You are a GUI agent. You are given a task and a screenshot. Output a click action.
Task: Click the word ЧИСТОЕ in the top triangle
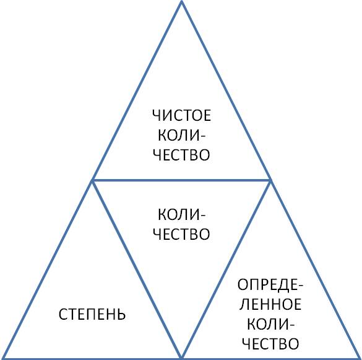pyautogui.click(x=182, y=115)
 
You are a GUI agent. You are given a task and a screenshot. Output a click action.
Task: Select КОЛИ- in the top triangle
pyautogui.click(x=182, y=135)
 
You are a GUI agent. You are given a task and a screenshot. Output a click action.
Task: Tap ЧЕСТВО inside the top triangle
pyautogui.click(x=182, y=154)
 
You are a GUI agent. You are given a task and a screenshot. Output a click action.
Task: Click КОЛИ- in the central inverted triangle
pyautogui.click(x=182, y=214)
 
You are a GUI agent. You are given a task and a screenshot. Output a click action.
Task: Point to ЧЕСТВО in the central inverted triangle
pyautogui.click(x=182, y=234)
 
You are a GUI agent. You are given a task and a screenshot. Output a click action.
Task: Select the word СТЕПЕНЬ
pyautogui.click(x=92, y=314)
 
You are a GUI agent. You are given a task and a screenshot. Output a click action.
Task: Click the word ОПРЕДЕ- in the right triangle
pyautogui.click(x=270, y=284)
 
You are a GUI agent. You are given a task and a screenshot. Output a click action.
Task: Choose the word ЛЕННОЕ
pyautogui.click(x=270, y=304)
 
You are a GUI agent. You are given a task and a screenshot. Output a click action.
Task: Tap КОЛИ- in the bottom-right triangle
pyautogui.click(x=270, y=324)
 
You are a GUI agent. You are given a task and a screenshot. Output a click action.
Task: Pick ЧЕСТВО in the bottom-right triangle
pyautogui.click(x=270, y=344)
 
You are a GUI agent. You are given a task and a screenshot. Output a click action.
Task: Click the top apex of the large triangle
pyautogui.click(x=181, y=1)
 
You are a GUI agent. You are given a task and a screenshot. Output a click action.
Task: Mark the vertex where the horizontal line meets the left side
pyautogui.click(x=93, y=180)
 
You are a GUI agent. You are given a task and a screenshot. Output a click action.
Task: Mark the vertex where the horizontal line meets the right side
pyautogui.click(x=270, y=180)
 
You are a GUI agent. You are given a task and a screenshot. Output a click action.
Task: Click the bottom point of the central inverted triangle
pyautogui.click(x=181, y=358)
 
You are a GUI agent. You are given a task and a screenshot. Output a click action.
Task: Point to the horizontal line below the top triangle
pyautogui.click(x=181, y=180)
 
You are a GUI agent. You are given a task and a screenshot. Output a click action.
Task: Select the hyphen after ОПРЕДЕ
pyautogui.click(x=300, y=286)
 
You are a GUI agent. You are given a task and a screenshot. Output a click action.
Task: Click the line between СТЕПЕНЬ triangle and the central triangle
pyautogui.click(x=137, y=269)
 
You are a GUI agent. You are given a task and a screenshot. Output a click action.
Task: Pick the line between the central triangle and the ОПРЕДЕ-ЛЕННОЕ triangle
pyautogui.click(x=226, y=269)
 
